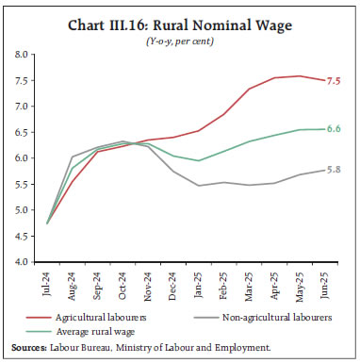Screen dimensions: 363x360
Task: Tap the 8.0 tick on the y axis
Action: (21, 55)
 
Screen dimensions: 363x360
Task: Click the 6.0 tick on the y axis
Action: (21, 158)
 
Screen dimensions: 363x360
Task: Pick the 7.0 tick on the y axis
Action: (21, 107)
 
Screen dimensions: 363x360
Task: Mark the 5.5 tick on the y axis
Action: (21, 184)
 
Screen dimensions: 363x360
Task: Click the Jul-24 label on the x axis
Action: (47, 283)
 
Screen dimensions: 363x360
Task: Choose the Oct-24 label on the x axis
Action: (123, 283)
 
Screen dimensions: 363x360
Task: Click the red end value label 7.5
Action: (335, 81)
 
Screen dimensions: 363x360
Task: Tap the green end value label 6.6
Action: (335, 129)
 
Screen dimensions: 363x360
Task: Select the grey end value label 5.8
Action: (335, 170)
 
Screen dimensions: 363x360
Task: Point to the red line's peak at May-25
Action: (300, 76)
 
